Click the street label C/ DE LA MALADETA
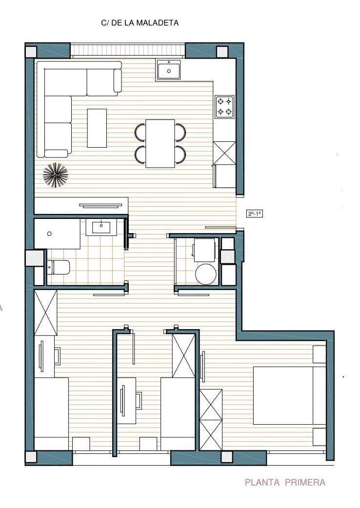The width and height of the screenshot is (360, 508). pos(140,23)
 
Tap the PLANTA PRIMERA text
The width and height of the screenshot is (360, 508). pos(285,483)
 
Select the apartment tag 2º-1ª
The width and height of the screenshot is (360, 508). pos(255,214)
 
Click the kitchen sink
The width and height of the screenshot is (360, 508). pos(168,70)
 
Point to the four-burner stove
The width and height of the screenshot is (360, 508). pos(224,107)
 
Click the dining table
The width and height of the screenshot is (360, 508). pos(160,143)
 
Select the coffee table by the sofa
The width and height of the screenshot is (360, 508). pos(97,128)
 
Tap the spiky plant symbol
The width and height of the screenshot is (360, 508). pos(56,176)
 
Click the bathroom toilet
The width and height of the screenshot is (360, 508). pos(59,267)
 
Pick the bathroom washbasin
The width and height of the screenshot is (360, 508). pos(101,227)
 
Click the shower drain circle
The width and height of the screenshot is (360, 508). pos(49,234)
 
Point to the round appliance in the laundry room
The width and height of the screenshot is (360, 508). pos(206,274)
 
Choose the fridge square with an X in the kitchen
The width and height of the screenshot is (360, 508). pos(224,153)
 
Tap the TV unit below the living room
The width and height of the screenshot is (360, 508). pos(81,205)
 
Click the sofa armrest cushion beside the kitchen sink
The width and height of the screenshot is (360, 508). pos(118,80)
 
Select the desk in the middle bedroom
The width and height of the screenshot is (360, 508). pos(126,401)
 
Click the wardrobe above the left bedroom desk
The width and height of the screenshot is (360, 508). pos(46,313)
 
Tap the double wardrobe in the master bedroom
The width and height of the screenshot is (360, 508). pos(211,420)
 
